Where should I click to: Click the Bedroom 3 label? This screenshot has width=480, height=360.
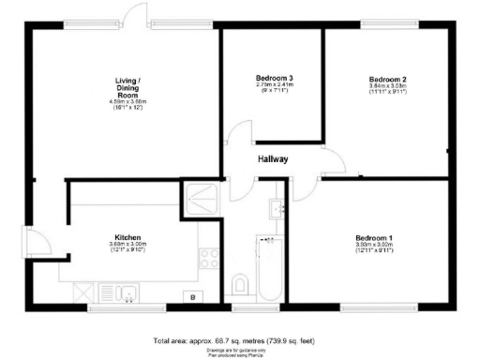271,77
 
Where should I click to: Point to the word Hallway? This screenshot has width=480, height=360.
273,159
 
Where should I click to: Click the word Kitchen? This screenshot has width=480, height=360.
127,238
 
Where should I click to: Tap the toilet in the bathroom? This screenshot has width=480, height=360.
241,283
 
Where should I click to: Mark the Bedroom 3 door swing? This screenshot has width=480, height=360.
237,139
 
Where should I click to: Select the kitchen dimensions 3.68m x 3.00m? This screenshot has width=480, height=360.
127,246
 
